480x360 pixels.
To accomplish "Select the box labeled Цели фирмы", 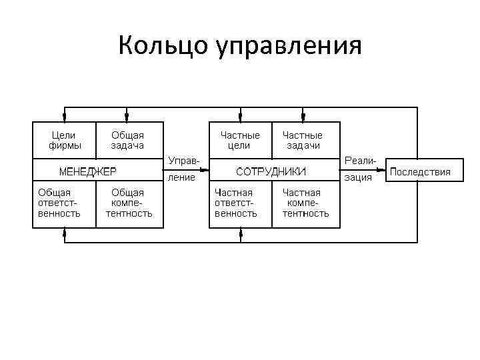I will coord(65,140).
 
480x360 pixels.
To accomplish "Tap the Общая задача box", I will coord(129,140).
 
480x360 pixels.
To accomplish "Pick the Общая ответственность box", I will coord(59,203).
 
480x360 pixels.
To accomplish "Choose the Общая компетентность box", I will coord(129,203).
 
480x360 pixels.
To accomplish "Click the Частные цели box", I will coord(240,140).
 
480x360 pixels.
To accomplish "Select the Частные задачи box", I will coord(303,140).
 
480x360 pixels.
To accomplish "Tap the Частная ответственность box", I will coord(236,203).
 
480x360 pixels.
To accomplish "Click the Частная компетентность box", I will coord(305,203).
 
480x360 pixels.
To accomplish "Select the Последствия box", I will coord(420,171).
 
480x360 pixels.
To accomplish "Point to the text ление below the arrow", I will coord(181,178).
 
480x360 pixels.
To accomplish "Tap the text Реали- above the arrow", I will coord(361,161).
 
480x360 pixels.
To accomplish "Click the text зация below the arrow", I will coord(358,178).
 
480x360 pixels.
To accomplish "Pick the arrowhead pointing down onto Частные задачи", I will coord(303,118).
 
